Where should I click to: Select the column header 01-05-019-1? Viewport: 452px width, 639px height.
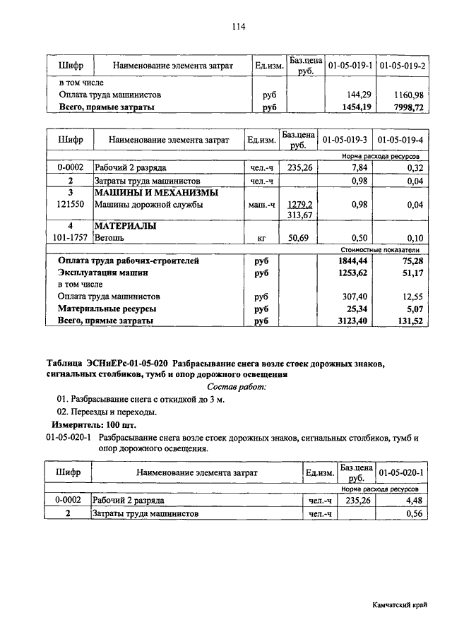(350, 66)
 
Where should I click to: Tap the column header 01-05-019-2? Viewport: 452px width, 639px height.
(403, 66)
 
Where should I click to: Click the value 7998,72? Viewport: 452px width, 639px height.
(408, 108)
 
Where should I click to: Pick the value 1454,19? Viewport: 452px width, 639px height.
(357, 108)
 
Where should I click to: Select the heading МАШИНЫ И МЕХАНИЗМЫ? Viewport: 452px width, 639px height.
(156, 193)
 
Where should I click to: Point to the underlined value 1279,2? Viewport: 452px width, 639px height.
(299, 205)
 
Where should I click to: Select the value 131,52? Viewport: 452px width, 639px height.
(408, 321)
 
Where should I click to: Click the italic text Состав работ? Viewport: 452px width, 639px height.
(236, 387)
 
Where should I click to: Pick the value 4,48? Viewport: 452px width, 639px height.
(412, 500)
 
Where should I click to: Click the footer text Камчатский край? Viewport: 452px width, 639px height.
(400, 606)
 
